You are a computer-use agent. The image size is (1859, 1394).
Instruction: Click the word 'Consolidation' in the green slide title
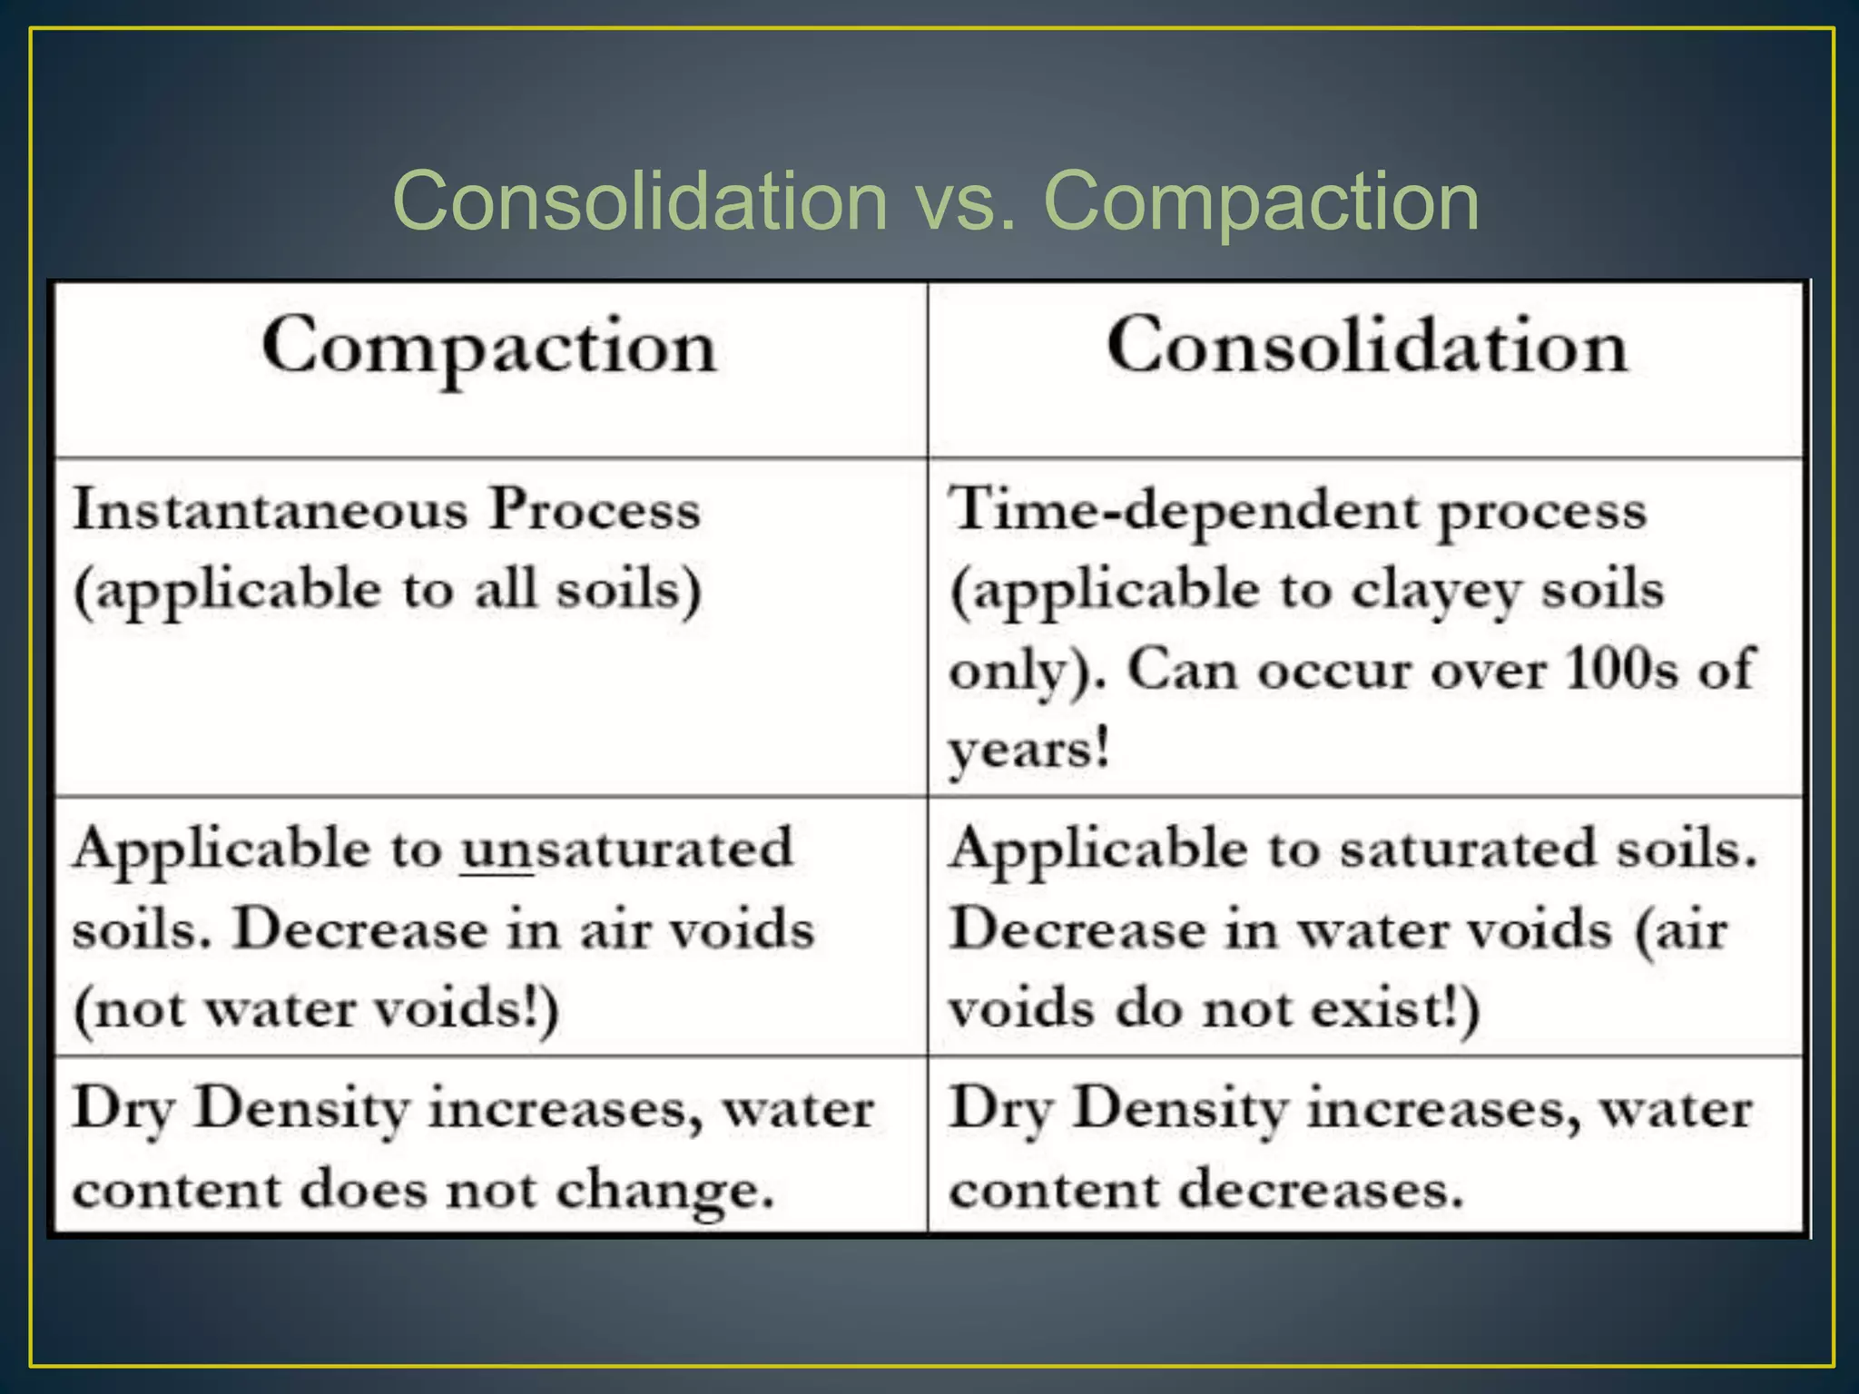640,201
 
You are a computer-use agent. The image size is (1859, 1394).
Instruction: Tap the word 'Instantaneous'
270,509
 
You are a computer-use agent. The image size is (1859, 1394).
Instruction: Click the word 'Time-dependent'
1183,511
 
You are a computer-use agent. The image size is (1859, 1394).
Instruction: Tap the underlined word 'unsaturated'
627,849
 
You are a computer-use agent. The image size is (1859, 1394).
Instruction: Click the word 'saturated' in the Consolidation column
1467,849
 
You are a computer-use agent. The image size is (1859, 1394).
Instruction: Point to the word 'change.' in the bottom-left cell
664,1191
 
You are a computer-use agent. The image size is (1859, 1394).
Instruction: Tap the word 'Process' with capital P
595,509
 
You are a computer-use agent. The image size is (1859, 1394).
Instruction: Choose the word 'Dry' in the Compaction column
123,1109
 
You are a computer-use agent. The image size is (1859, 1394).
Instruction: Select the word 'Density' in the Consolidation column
1179,1109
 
